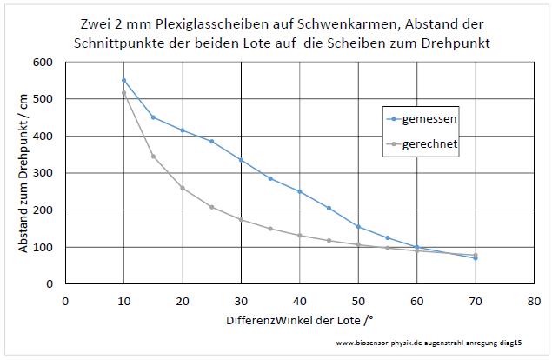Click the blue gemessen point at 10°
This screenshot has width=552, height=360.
pyautogui.click(x=123, y=80)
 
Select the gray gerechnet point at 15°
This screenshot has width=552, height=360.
pyautogui.click(x=153, y=157)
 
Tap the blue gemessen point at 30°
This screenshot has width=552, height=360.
pyautogui.click(x=241, y=160)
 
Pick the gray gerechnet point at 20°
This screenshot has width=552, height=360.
pyautogui.click(x=183, y=188)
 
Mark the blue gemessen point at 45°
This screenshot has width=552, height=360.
pyautogui.click(x=329, y=208)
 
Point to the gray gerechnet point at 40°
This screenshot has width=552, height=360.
pyautogui.click(x=299, y=236)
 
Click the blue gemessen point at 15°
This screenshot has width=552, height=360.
pyautogui.click(x=153, y=117)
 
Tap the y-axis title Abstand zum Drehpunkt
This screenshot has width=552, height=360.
pyautogui.click(x=23, y=174)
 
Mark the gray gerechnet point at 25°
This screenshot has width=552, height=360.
pyautogui.click(x=211, y=207)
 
